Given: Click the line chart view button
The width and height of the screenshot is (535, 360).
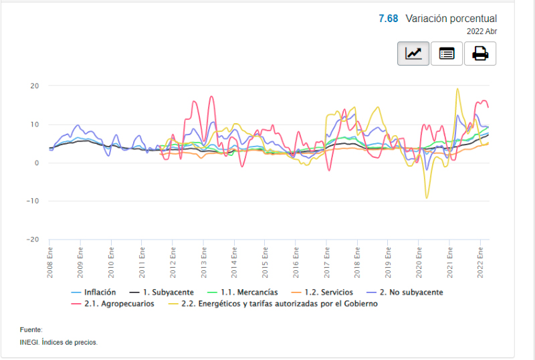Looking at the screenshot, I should pos(413,54).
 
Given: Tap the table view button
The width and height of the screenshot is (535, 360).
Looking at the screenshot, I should pos(447,54).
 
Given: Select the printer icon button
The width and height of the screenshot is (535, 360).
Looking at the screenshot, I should pos(480,54).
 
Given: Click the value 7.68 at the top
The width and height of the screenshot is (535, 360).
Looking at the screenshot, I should pos(388,19).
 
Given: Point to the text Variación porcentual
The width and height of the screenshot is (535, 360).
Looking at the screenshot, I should pos(451,19).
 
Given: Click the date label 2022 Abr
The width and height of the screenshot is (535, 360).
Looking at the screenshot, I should pos(481,31).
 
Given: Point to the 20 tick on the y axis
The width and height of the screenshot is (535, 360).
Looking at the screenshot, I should pos(35,86).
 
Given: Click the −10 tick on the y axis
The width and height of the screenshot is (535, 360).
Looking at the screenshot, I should pos(33,201).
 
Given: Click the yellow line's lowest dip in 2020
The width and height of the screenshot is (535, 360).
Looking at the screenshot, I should pos(427,198).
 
